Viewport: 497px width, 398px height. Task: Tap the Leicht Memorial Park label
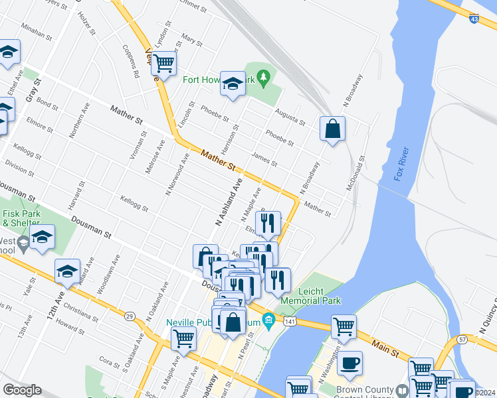tap(310, 296)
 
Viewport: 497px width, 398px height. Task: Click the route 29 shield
tap(130, 316)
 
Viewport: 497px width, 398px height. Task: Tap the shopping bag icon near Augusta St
tap(332, 128)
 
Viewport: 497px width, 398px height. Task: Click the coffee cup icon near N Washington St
tap(350, 362)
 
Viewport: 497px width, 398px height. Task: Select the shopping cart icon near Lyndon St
tap(163, 64)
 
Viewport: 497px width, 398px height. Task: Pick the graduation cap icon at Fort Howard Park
tap(233, 83)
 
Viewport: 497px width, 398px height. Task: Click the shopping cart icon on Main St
tap(344, 326)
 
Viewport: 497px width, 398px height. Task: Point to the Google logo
tap(21, 390)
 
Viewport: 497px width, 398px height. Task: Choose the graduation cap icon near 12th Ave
tap(67, 271)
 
